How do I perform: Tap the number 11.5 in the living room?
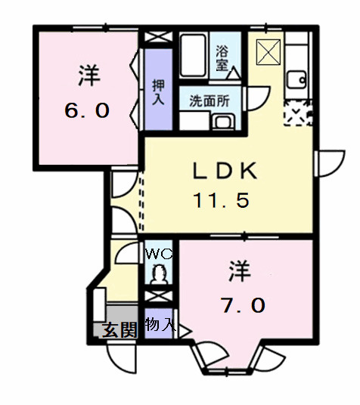tap(221, 201)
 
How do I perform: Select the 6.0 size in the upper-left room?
tap(87, 110)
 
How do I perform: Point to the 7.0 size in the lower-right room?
tap(242, 305)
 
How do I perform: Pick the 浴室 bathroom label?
tap(222, 58)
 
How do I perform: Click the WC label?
tap(159, 255)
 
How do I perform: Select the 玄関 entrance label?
tap(119, 330)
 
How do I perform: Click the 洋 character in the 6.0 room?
tap(88, 76)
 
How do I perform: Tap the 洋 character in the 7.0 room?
tap(240, 270)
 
